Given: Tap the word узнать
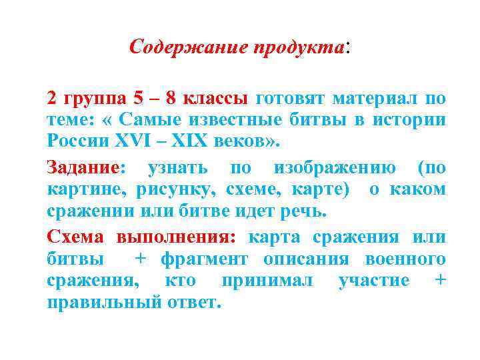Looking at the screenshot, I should point(177,167).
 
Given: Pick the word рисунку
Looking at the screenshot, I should point(170,189).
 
